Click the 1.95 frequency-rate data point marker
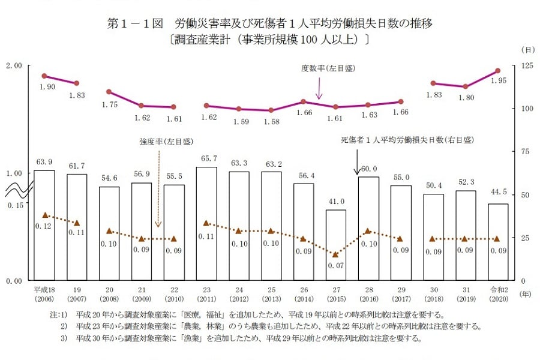click(498, 71)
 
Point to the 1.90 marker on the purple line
click(44, 76)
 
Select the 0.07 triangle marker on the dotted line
click(336, 254)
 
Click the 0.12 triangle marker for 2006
click(44, 215)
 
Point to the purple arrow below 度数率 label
click(319, 88)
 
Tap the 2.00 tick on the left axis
click(14, 65)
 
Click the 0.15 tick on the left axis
click(16, 205)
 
